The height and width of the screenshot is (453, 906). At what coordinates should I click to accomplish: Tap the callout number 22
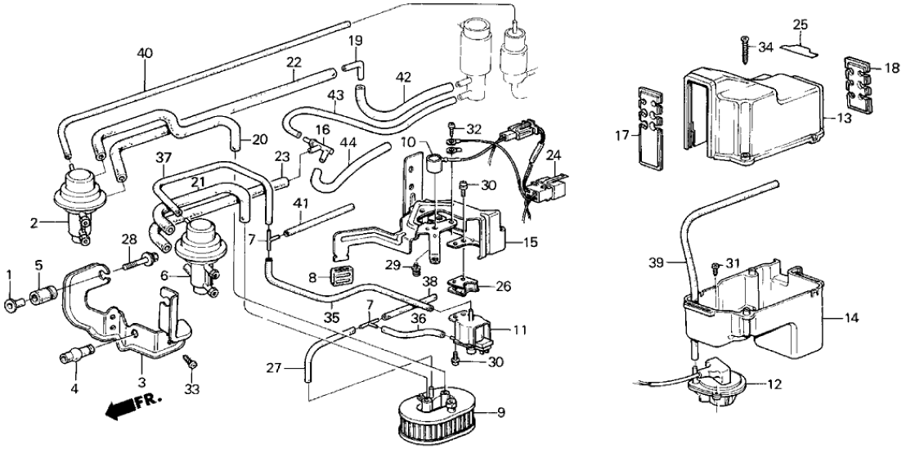pyautogui.click(x=294, y=62)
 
